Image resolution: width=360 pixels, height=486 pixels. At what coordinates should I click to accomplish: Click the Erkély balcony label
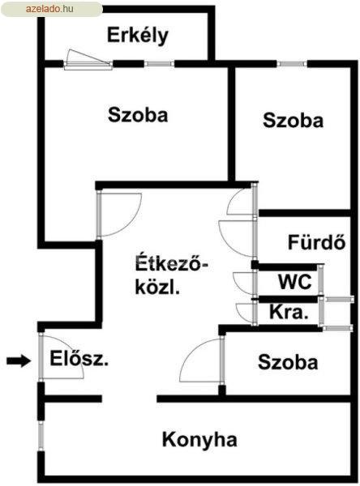pos(138,36)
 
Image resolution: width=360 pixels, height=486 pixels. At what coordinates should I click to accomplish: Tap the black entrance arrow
pos(19,360)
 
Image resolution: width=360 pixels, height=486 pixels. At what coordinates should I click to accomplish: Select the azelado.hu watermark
pos(49,9)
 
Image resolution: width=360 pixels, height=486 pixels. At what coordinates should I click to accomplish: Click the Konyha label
pos(199,440)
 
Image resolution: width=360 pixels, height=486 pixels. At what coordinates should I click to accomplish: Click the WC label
pos(295,282)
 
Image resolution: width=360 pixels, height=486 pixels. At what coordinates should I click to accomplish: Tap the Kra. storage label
pos(289,312)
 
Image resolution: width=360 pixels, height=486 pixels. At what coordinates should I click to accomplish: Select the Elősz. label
pos(79,358)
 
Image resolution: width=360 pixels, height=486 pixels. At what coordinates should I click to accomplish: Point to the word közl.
pos(157,288)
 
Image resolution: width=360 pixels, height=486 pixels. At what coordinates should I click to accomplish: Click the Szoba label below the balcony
pos(138,115)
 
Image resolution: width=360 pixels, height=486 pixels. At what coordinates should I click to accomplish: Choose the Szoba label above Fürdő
pos(293,120)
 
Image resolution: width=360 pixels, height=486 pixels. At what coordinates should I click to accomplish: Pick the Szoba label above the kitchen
pos(288,362)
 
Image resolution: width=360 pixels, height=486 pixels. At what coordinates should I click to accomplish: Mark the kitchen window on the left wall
pos(41,437)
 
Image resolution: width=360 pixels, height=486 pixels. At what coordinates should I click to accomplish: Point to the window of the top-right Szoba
pos(292,64)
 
